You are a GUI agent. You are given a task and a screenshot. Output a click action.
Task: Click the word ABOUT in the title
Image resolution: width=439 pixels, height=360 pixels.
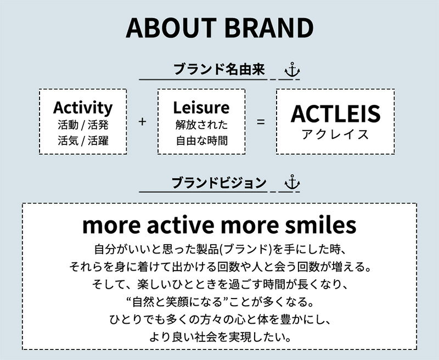pyautogui.click(x=171, y=28)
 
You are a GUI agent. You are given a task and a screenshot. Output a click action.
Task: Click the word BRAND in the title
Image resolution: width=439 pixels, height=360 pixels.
pyautogui.click(x=269, y=28)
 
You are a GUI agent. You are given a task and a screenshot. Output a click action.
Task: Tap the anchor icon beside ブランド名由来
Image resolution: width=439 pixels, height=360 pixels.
pyautogui.click(x=292, y=70)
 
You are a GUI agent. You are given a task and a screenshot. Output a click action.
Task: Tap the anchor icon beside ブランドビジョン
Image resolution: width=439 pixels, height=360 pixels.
pyautogui.click(x=292, y=182)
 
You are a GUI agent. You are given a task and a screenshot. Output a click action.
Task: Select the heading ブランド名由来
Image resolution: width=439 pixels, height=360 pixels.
pyautogui.click(x=219, y=69)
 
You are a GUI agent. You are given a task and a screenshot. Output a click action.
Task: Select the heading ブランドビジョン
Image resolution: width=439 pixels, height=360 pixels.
pyautogui.click(x=219, y=183)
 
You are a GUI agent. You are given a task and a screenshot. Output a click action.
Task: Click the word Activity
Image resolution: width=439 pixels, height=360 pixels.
pyautogui.click(x=83, y=108)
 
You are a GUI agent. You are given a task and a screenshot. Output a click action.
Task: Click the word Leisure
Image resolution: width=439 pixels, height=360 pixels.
pyautogui.click(x=201, y=108)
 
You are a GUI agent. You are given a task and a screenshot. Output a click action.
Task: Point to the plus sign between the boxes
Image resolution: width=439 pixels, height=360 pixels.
pyautogui.click(x=142, y=121)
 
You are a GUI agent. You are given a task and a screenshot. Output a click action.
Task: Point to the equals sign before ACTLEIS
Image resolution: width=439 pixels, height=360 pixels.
pyautogui.click(x=261, y=122)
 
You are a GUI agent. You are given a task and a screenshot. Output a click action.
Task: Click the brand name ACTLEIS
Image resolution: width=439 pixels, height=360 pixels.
pyautogui.click(x=335, y=114)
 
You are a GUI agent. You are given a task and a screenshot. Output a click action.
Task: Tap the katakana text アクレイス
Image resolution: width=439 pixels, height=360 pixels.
pyautogui.click(x=335, y=134)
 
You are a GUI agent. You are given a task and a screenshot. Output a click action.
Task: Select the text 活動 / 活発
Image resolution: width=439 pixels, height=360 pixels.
pyautogui.click(x=83, y=125)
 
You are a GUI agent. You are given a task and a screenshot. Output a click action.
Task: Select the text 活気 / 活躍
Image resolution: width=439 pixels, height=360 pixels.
pyautogui.click(x=83, y=140)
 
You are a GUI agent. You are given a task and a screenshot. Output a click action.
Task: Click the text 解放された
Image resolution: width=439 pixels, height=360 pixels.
pyautogui.click(x=201, y=125)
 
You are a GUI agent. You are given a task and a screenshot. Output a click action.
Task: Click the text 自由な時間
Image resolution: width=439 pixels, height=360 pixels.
pyautogui.click(x=201, y=140)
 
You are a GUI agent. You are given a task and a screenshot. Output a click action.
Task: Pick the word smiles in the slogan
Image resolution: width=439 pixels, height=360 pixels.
pyautogui.click(x=320, y=225)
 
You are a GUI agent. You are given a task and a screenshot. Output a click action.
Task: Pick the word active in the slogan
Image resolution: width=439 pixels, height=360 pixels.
pyautogui.click(x=181, y=225)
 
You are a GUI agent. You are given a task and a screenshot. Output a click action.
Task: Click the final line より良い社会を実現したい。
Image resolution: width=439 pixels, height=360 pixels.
pyautogui.click(x=220, y=337)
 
